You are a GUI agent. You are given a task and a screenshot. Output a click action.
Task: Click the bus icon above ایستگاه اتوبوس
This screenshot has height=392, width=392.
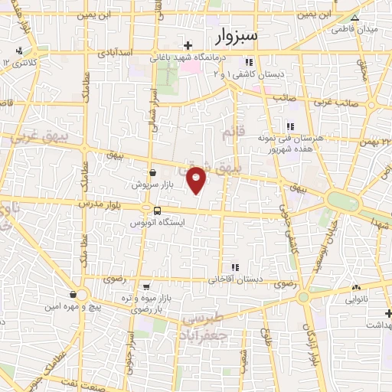[157, 211]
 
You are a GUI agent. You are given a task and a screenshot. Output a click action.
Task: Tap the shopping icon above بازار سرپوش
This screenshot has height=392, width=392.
[154, 173]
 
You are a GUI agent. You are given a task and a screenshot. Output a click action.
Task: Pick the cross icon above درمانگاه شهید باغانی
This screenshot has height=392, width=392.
[188, 47]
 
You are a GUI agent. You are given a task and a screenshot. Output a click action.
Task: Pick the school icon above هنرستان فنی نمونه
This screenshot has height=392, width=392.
[289, 126]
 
